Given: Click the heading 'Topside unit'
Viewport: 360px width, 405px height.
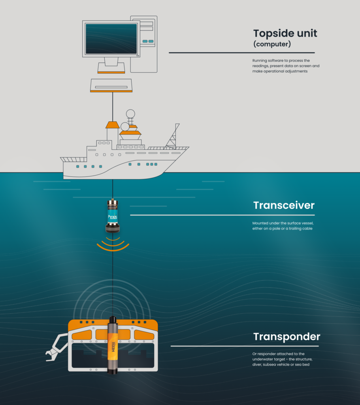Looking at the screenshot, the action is coord(285,33).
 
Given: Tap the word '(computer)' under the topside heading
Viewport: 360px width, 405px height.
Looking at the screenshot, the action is coord(272,44).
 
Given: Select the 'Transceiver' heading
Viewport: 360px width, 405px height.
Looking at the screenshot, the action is coord(284,205).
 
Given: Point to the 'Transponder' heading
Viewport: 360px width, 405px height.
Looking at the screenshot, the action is coord(287,337).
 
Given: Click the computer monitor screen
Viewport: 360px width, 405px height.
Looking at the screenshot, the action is coord(111,39).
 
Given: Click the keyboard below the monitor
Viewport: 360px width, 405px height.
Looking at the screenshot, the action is coord(111,85).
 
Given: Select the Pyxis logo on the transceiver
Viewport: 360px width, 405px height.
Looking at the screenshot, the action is coord(113,217).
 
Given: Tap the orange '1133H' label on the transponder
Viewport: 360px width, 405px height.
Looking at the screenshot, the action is coord(113,346).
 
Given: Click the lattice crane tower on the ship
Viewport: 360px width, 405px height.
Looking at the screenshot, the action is coord(173,136).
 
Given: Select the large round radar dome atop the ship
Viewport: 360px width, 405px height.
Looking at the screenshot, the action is coord(130,114).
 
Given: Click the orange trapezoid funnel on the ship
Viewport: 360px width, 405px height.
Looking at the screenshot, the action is coord(113,125).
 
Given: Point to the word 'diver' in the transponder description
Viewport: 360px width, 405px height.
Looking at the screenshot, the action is coord(257,364).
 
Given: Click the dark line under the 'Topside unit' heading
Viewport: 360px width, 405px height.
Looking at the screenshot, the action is coord(242,53).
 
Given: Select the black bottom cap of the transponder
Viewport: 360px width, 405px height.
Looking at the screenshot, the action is coord(113,371).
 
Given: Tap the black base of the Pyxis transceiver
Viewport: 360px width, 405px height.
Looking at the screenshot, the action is coord(113,229).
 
